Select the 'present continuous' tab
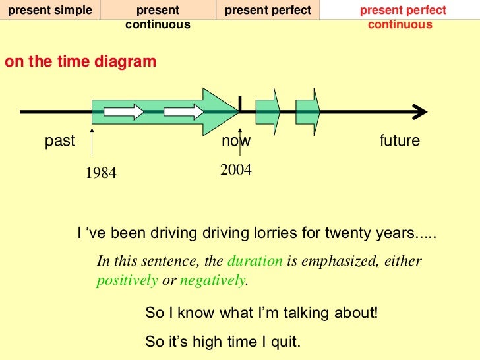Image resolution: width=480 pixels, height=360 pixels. pos(158,18)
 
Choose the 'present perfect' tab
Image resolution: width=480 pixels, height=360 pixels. pos(268,11)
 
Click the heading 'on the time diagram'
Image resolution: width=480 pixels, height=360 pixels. pos(80,62)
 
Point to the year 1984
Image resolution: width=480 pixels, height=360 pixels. pos(101,173)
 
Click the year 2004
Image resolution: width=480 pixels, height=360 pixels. pos(236,170)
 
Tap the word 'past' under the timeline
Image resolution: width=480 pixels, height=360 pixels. pos(60,141)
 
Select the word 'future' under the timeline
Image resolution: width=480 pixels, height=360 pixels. pos(400,141)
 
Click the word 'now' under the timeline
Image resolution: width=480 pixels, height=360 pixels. pos(236,141)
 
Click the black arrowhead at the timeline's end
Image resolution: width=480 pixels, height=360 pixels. pos(417,113)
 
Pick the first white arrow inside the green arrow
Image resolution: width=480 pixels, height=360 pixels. pos(125,113)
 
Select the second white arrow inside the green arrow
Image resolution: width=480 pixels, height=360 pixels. pos(184,113)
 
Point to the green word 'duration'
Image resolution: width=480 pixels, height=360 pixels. pos(255,260)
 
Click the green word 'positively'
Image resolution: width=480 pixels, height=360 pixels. pos(127,280)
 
